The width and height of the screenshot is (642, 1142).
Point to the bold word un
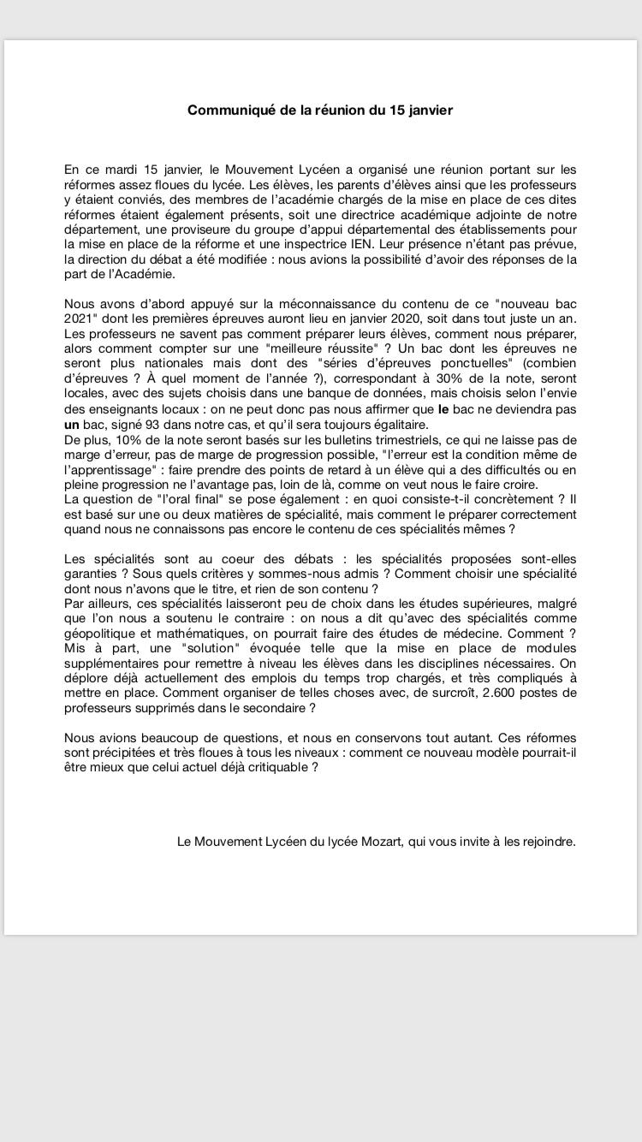[72, 425]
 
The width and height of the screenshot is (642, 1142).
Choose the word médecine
[472, 633]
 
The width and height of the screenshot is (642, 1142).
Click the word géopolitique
[98, 633]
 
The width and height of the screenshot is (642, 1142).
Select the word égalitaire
[396, 425]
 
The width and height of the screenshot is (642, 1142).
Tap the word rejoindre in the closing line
[545, 842]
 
